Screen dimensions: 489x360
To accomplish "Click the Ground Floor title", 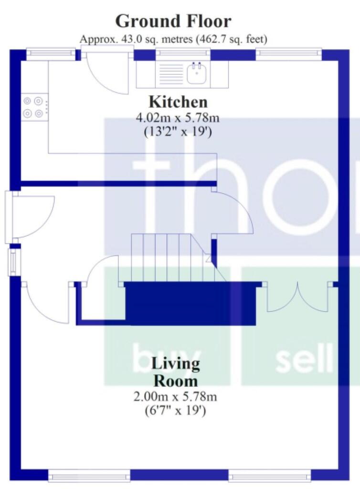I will pos(173,21).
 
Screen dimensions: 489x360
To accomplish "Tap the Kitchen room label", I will pos(178,102).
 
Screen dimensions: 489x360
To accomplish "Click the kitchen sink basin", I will pos(196,74).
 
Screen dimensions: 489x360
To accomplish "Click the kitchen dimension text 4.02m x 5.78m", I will pos(178,118).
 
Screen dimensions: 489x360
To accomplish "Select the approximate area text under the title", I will pos(173,39).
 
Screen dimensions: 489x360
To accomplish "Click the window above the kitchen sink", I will pos(183,54).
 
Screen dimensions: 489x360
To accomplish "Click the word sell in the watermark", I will pos(304,361).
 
